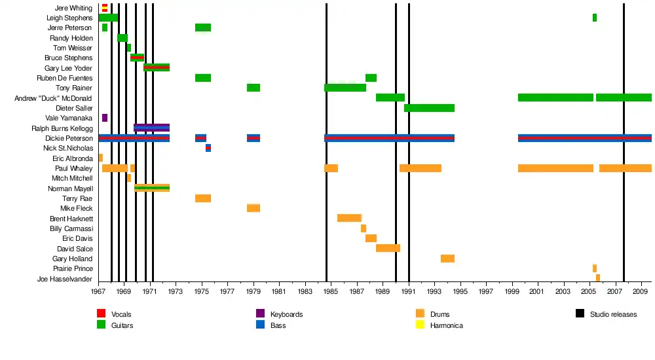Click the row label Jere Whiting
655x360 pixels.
(x=73, y=8)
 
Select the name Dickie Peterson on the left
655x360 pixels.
(x=69, y=138)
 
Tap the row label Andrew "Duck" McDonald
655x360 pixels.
(x=53, y=98)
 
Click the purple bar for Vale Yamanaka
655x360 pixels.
(x=105, y=118)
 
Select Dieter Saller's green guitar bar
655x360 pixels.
(x=429, y=108)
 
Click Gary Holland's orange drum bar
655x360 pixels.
(x=447, y=259)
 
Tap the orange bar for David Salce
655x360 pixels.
(x=388, y=248)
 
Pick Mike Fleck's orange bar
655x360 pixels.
(x=253, y=208)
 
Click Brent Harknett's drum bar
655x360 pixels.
(x=349, y=218)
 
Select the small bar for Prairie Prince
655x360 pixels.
(x=595, y=268)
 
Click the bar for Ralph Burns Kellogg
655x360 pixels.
(x=151, y=128)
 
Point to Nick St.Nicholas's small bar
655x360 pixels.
(x=208, y=148)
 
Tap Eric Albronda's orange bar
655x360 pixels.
(x=101, y=158)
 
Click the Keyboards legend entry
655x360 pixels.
(x=286, y=314)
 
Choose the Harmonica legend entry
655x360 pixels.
(x=446, y=325)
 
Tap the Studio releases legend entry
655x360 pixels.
(x=613, y=314)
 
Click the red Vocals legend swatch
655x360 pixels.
(x=102, y=314)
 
